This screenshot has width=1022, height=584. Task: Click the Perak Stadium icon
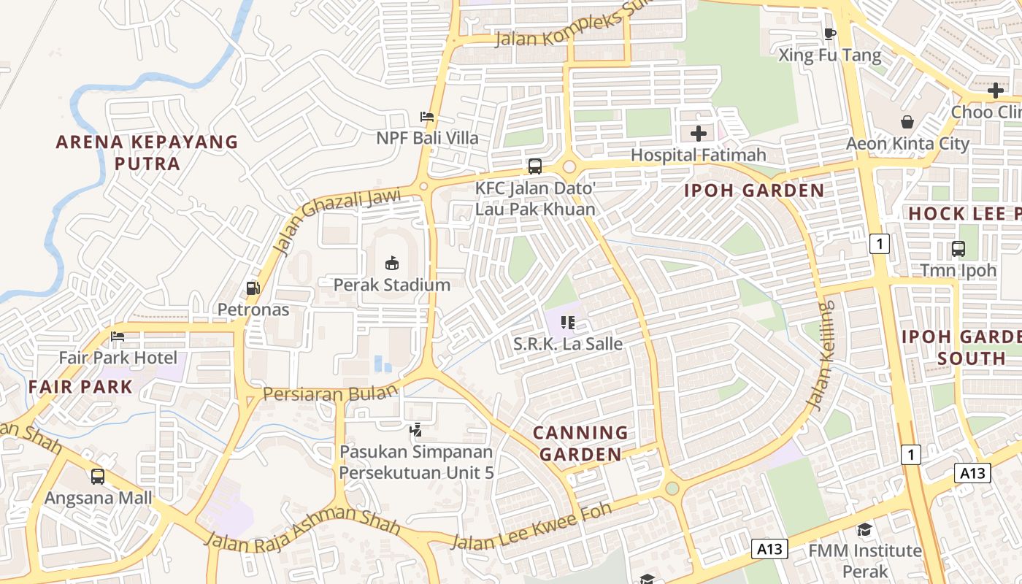coord(392,263)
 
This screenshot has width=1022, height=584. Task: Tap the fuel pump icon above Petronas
coord(253,288)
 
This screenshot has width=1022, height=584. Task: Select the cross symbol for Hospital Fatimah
coord(699,134)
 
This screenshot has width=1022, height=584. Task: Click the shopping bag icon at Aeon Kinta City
coord(907,122)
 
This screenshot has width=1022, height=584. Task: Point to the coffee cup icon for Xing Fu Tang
coord(829,34)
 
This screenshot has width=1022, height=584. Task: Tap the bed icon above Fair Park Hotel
coord(118,337)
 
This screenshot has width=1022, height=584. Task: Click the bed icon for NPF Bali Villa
coord(427,117)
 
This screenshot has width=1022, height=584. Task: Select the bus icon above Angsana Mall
coord(98,477)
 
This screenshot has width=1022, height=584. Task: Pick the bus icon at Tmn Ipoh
coord(958,249)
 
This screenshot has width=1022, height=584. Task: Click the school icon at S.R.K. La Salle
coord(568,322)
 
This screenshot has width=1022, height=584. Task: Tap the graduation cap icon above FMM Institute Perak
coord(864,529)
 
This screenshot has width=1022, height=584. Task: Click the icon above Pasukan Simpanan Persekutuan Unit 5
coord(415,430)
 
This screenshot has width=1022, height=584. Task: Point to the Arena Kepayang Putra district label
coord(147,153)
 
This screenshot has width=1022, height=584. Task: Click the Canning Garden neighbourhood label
coord(581,443)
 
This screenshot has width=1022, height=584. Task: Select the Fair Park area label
coord(81,387)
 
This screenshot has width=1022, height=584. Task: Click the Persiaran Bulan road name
coord(330,393)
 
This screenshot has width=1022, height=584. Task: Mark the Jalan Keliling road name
coord(819,355)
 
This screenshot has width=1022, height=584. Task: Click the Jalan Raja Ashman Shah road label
coord(302,530)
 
